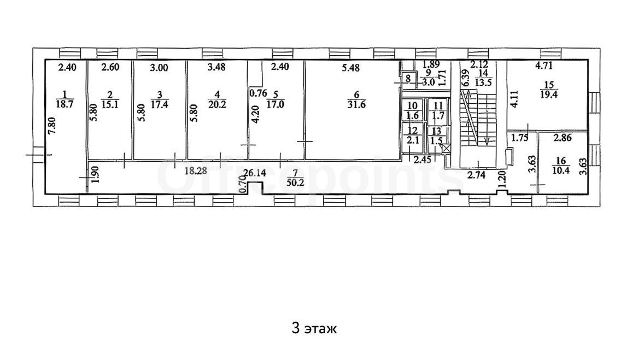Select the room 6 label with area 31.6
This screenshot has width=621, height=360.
356,99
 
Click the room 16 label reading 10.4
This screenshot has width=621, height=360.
561,166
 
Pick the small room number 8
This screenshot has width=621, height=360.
408,79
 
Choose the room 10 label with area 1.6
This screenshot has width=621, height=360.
412,110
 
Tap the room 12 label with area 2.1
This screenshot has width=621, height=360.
412,135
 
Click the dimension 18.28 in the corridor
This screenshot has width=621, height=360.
196,172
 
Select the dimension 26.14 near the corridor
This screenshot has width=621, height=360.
255,173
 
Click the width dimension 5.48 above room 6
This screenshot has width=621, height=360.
350,68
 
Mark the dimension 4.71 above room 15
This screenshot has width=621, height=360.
543,66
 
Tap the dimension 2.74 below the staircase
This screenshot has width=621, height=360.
476,175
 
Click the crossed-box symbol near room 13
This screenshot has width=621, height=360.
446,149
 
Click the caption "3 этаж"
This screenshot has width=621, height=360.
314,328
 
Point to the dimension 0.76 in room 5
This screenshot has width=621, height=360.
257,94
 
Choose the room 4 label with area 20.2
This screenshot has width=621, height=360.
217,99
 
